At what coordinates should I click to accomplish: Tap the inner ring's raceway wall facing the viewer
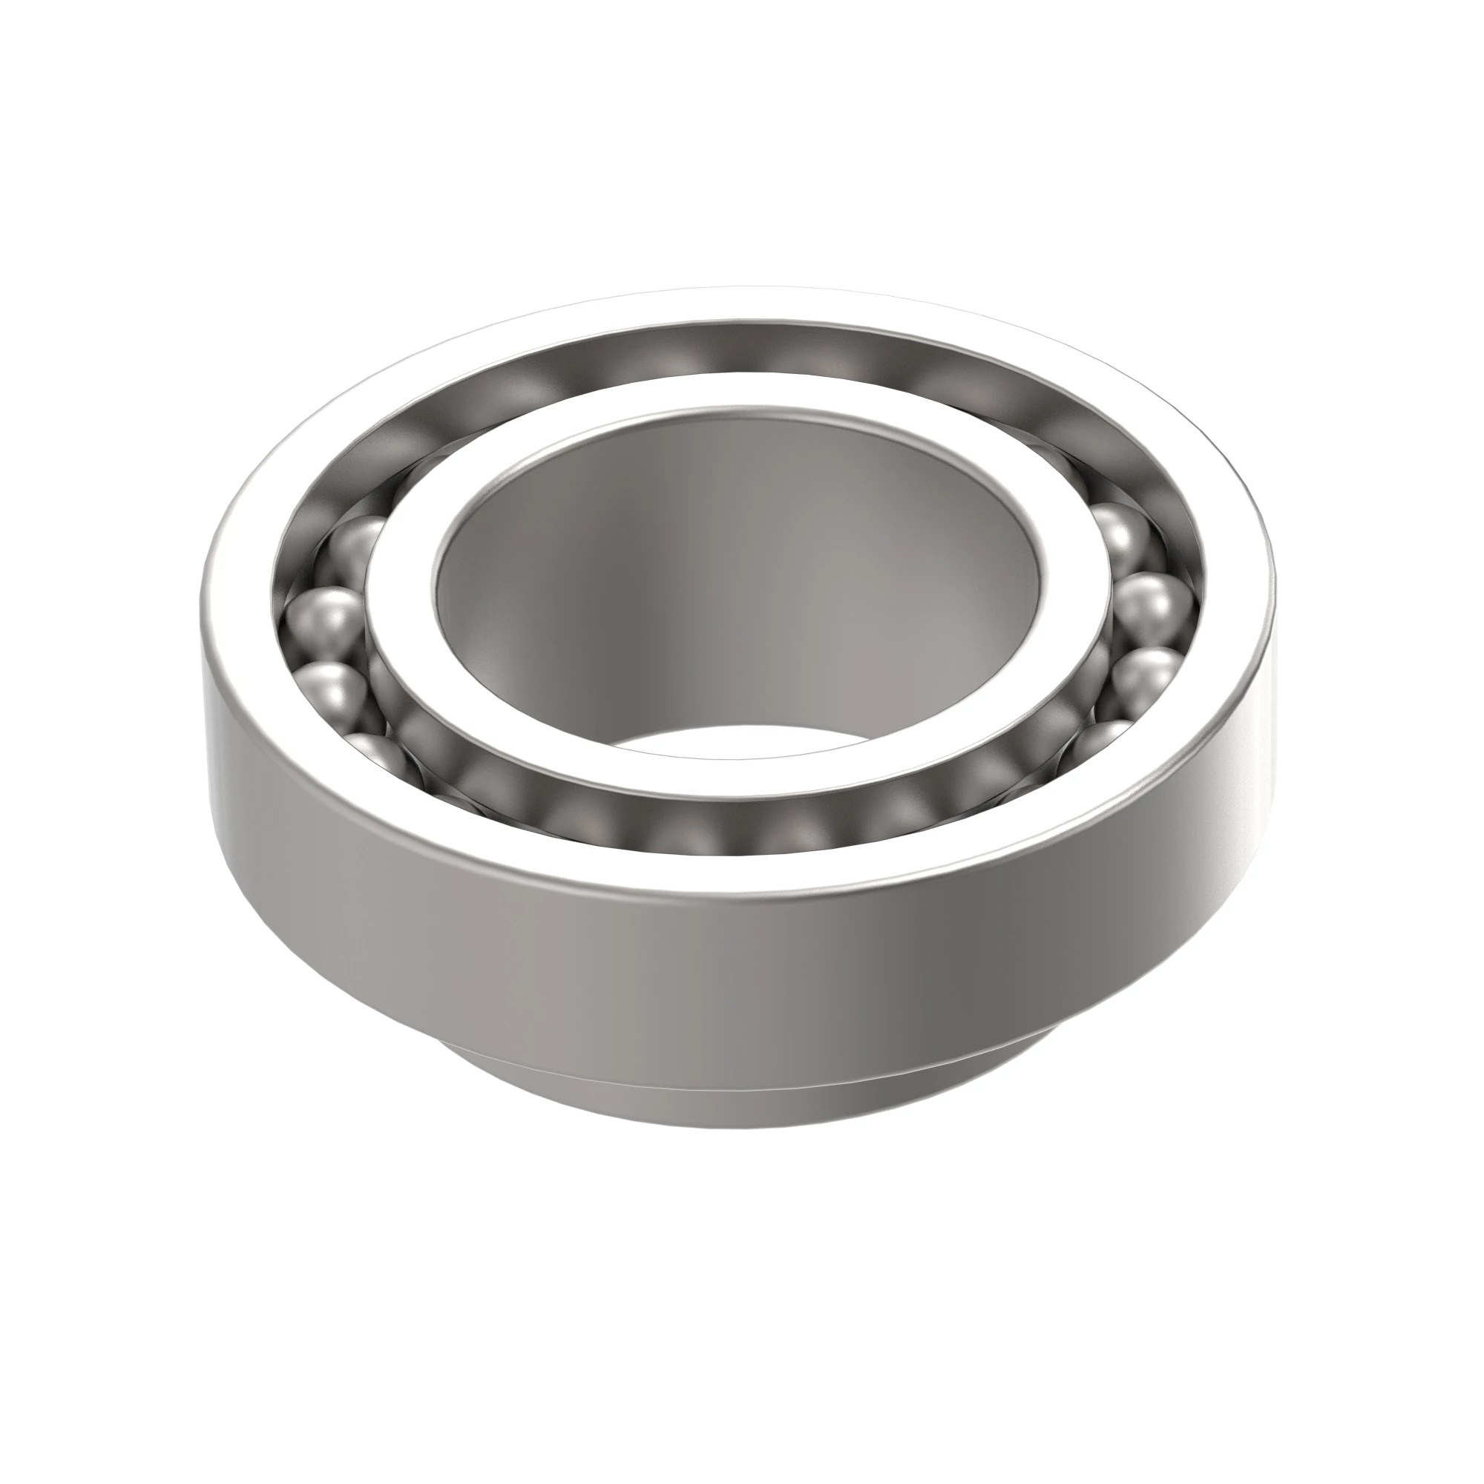tap(738, 822)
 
